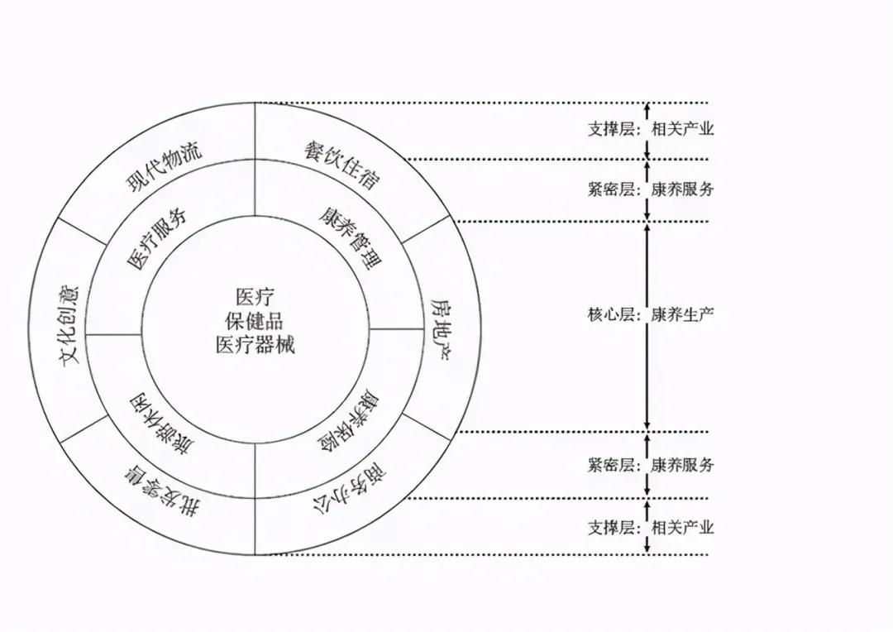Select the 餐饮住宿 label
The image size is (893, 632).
coord(341,165)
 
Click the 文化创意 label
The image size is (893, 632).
coord(69,325)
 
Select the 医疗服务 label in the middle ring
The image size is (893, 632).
coord(156,239)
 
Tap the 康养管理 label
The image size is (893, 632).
coord(351,237)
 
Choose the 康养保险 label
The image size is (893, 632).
coord(351,421)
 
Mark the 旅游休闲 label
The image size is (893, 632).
coord(161,423)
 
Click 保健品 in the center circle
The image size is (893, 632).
coord(255,322)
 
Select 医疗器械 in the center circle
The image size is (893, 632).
coord(255,345)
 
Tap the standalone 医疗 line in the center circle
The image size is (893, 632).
coord(255,297)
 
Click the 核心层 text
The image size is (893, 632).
coord(612,314)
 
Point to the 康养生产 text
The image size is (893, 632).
coord(682,314)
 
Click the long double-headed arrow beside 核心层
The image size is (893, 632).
coord(647,327)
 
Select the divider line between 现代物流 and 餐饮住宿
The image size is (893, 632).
coord(255,160)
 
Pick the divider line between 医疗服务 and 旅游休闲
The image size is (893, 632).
coord(113,334)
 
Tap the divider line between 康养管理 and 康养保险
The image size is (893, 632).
coord(396,329)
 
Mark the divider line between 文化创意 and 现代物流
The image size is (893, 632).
coord(84,231)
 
